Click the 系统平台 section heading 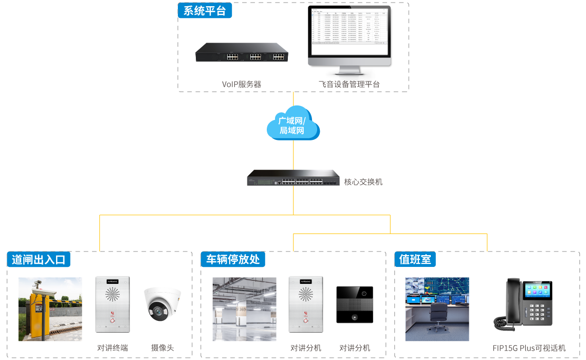(x=205, y=11)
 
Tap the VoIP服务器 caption (x=242, y=84)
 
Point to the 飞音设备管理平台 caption (x=349, y=84)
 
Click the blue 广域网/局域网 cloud (x=293, y=123)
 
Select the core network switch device (x=293, y=178)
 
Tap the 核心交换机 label (x=363, y=182)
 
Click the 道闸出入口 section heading (x=39, y=259)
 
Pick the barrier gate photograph (x=50, y=309)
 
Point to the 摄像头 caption (x=162, y=348)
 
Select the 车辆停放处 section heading (x=233, y=259)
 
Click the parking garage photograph (x=244, y=309)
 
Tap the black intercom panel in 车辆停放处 (x=355, y=304)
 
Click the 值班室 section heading (x=415, y=259)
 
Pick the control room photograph (x=437, y=309)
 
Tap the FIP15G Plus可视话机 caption (x=528, y=348)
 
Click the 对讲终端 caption (x=113, y=348)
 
